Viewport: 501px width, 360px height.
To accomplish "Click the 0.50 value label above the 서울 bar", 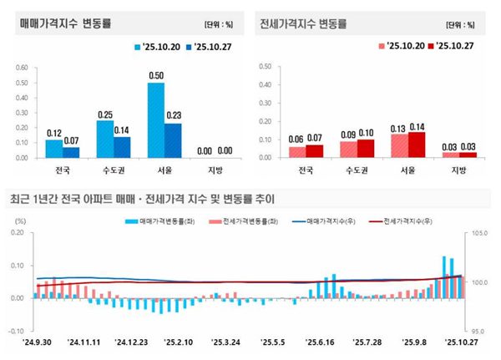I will point(156,76).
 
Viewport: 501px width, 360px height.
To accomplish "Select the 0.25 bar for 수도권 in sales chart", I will point(105,139).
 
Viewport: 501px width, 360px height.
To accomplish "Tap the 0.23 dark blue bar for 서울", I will point(174,140).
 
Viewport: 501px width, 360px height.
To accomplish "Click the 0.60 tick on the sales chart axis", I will point(23,68).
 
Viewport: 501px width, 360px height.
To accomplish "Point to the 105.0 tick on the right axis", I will point(480,234).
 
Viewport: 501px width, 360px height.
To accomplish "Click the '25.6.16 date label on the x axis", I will point(320,342).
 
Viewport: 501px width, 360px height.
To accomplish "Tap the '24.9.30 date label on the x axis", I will point(35,342).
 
